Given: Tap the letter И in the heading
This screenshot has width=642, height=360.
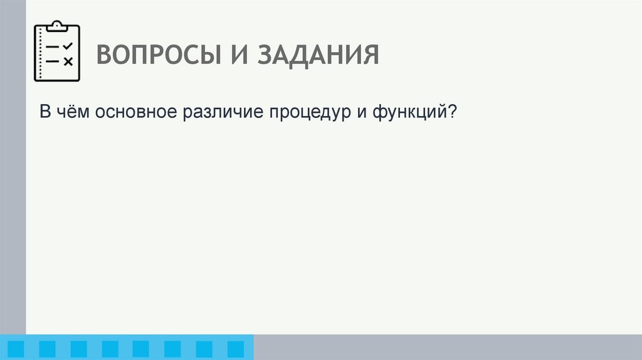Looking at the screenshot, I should pyautogui.click(x=234, y=55).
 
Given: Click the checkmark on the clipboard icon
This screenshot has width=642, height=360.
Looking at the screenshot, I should pyautogui.click(x=68, y=46).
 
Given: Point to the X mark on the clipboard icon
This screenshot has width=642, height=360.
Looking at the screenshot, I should pyautogui.click(x=68, y=61).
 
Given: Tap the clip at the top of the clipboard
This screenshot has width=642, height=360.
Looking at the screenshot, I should pyautogui.click(x=56, y=26).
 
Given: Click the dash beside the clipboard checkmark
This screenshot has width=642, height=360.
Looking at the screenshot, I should pyautogui.click(x=53, y=47).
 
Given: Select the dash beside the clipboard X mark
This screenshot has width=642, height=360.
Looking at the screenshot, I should pyautogui.click(x=53, y=61).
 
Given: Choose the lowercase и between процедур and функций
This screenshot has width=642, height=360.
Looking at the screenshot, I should pyautogui.click(x=363, y=114).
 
